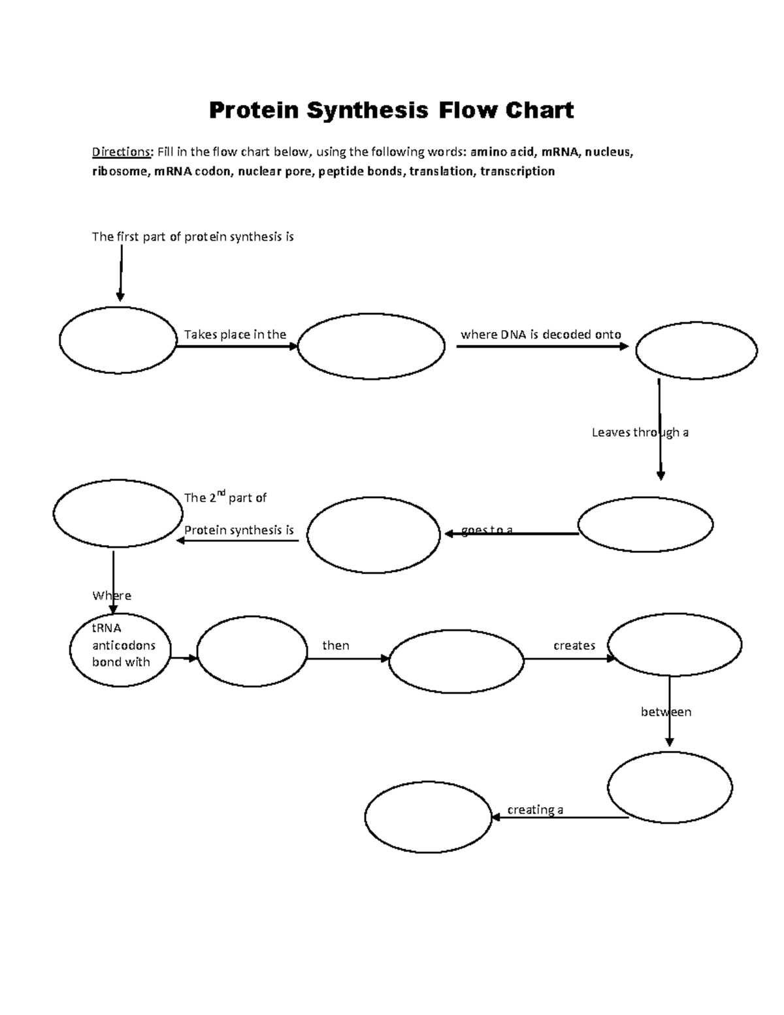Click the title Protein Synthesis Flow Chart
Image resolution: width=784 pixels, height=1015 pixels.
pos(391,110)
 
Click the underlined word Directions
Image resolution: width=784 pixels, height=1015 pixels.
pos(122,152)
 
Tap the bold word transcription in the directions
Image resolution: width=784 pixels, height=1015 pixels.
pos(517,171)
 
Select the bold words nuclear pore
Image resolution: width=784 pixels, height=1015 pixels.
pos(275,171)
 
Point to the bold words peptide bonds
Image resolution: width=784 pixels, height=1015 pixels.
pos(361,171)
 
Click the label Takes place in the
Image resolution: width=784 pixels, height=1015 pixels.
pos(235,335)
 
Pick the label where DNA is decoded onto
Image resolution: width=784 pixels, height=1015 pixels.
pos(540,335)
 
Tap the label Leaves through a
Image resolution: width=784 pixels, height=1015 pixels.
pos(640,432)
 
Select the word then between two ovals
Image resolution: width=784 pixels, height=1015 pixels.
pos(336,645)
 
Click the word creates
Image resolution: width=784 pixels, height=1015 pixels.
pos(574,645)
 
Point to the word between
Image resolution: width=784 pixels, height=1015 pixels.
pos(666,712)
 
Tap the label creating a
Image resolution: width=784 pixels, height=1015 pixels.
pos(535,810)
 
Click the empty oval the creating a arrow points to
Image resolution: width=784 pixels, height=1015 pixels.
pos(428,817)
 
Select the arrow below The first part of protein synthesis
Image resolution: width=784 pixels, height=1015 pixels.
pos(120,275)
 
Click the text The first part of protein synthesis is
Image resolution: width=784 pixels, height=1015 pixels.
pos(193,237)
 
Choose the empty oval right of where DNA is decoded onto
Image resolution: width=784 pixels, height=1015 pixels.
pos(696,350)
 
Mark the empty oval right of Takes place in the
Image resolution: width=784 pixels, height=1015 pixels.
pos(371,346)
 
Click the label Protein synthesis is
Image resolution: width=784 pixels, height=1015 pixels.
pos(238,530)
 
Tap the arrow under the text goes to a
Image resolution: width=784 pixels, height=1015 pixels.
pos(511,534)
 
